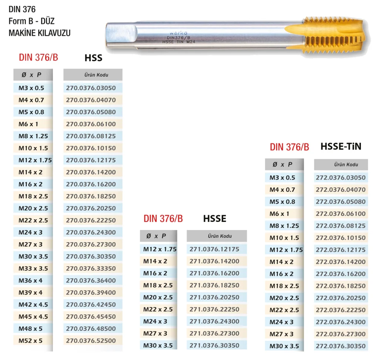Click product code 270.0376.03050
pyautogui.click(x=91, y=88)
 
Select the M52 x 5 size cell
pyautogui.click(x=30, y=341)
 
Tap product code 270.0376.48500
pyautogui.click(x=91, y=329)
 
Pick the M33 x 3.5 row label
pyautogui.click(x=33, y=268)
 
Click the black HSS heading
pyautogui.click(x=94, y=58)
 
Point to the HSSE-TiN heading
pyautogui.click(x=341, y=146)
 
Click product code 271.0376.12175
pyautogui.click(x=214, y=249)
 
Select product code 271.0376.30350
pyautogui.click(x=214, y=346)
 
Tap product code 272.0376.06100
pyautogui.click(x=341, y=214)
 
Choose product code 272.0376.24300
pyautogui.click(x=341, y=322)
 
